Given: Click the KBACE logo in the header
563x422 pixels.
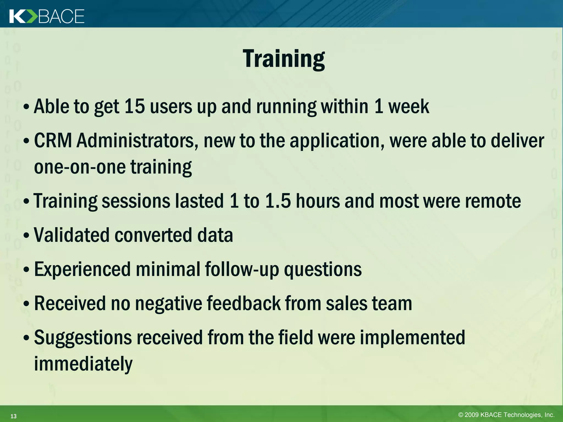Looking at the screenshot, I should coord(47,16).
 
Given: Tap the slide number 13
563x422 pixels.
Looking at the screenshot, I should coord(13,416).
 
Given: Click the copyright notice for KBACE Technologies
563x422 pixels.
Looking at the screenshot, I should coord(506,415).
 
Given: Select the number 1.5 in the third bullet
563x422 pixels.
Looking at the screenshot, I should coord(278,201).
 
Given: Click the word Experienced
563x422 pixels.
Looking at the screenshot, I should coord(82,269).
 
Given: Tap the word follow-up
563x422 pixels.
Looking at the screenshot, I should coord(242,269).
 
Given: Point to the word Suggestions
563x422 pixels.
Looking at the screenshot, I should coord(83,337).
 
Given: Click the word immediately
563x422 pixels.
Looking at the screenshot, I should coord(83,363).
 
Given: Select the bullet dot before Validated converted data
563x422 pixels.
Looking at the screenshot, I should coord(26,236).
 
